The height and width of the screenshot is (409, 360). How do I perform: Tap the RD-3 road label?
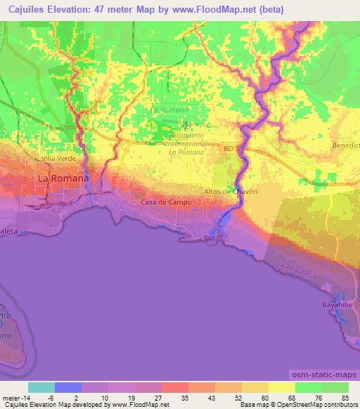coord(232,149)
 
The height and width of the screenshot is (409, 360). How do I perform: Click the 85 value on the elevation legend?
coord(345,397)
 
